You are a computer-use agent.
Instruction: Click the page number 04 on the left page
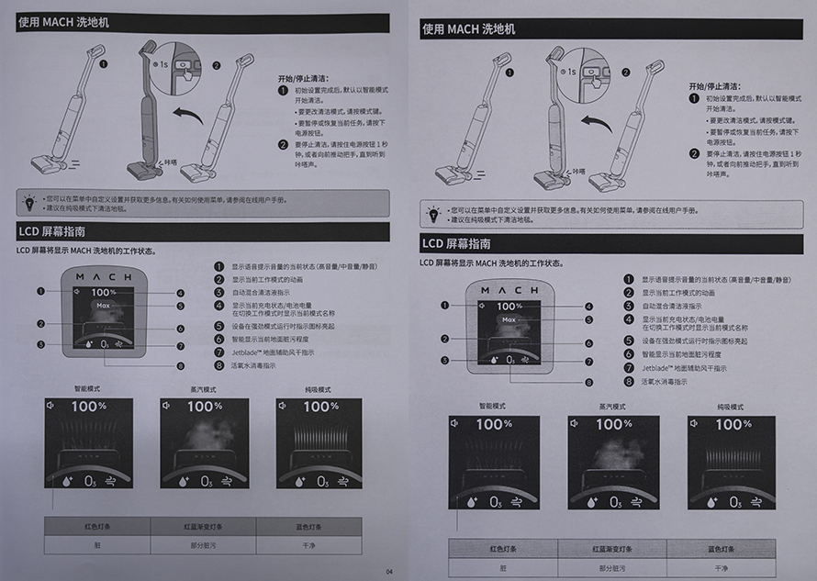click(389, 572)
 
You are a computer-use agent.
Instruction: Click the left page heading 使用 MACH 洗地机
click(63, 21)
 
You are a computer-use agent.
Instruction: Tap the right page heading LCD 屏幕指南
click(455, 244)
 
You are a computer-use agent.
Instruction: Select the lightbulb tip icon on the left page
click(29, 200)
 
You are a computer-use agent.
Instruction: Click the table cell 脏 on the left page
click(97, 543)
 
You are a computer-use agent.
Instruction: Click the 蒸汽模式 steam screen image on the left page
click(204, 441)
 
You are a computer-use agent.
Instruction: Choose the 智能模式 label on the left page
click(87, 389)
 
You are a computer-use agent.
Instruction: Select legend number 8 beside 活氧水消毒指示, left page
click(219, 364)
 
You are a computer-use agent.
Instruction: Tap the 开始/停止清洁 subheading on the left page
click(303, 79)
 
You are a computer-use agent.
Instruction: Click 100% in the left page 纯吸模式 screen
click(320, 406)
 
